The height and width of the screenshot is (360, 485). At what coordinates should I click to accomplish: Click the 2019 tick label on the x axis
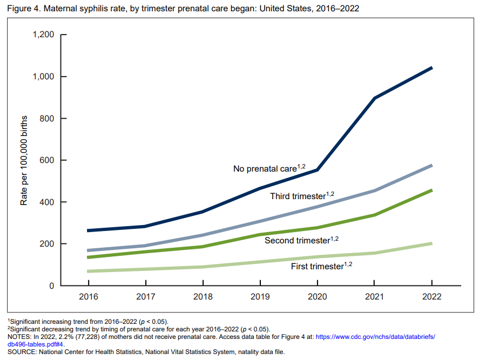pos(260,297)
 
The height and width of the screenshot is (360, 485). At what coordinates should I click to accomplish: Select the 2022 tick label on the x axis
pos(432,297)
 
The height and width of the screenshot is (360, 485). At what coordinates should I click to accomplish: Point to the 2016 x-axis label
pos(87,297)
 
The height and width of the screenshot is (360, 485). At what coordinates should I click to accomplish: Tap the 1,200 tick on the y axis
pos(44,35)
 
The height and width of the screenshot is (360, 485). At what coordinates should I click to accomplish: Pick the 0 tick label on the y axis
pos(52,286)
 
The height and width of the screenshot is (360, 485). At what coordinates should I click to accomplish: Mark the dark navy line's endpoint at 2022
pos(432,67)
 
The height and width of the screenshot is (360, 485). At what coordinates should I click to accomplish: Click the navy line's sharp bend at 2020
pos(318,169)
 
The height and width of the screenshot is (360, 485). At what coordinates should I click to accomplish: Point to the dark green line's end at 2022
pos(432,190)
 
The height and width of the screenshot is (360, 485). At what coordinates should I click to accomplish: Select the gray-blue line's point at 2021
pos(375,191)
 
